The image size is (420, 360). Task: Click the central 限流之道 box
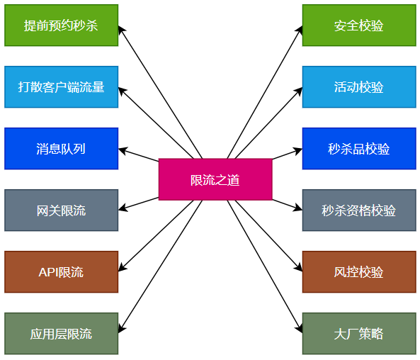click(x=215, y=179)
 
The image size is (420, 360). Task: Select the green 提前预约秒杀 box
click(x=62, y=26)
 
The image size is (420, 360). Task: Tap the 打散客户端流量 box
click(x=62, y=87)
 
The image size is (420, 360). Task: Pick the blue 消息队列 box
click(x=62, y=149)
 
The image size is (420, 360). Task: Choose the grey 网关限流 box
click(x=62, y=210)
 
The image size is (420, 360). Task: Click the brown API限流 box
click(x=62, y=272)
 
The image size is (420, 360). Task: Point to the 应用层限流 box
click(x=62, y=334)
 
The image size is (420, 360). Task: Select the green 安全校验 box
click(x=359, y=26)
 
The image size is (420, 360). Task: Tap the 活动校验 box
click(x=359, y=87)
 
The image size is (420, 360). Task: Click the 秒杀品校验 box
click(x=359, y=149)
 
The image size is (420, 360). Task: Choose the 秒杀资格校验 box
click(x=359, y=210)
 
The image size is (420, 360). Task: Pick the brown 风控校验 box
click(x=359, y=272)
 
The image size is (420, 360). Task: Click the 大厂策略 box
click(x=359, y=334)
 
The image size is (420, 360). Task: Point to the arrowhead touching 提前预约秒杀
click(x=121, y=30)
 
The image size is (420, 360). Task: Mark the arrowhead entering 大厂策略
click(x=299, y=329)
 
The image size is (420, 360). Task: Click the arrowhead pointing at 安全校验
click(x=299, y=30)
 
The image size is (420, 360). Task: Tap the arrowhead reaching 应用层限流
click(x=121, y=329)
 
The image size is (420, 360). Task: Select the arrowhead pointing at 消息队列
click(x=123, y=150)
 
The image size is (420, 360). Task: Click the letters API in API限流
click(x=48, y=272)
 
